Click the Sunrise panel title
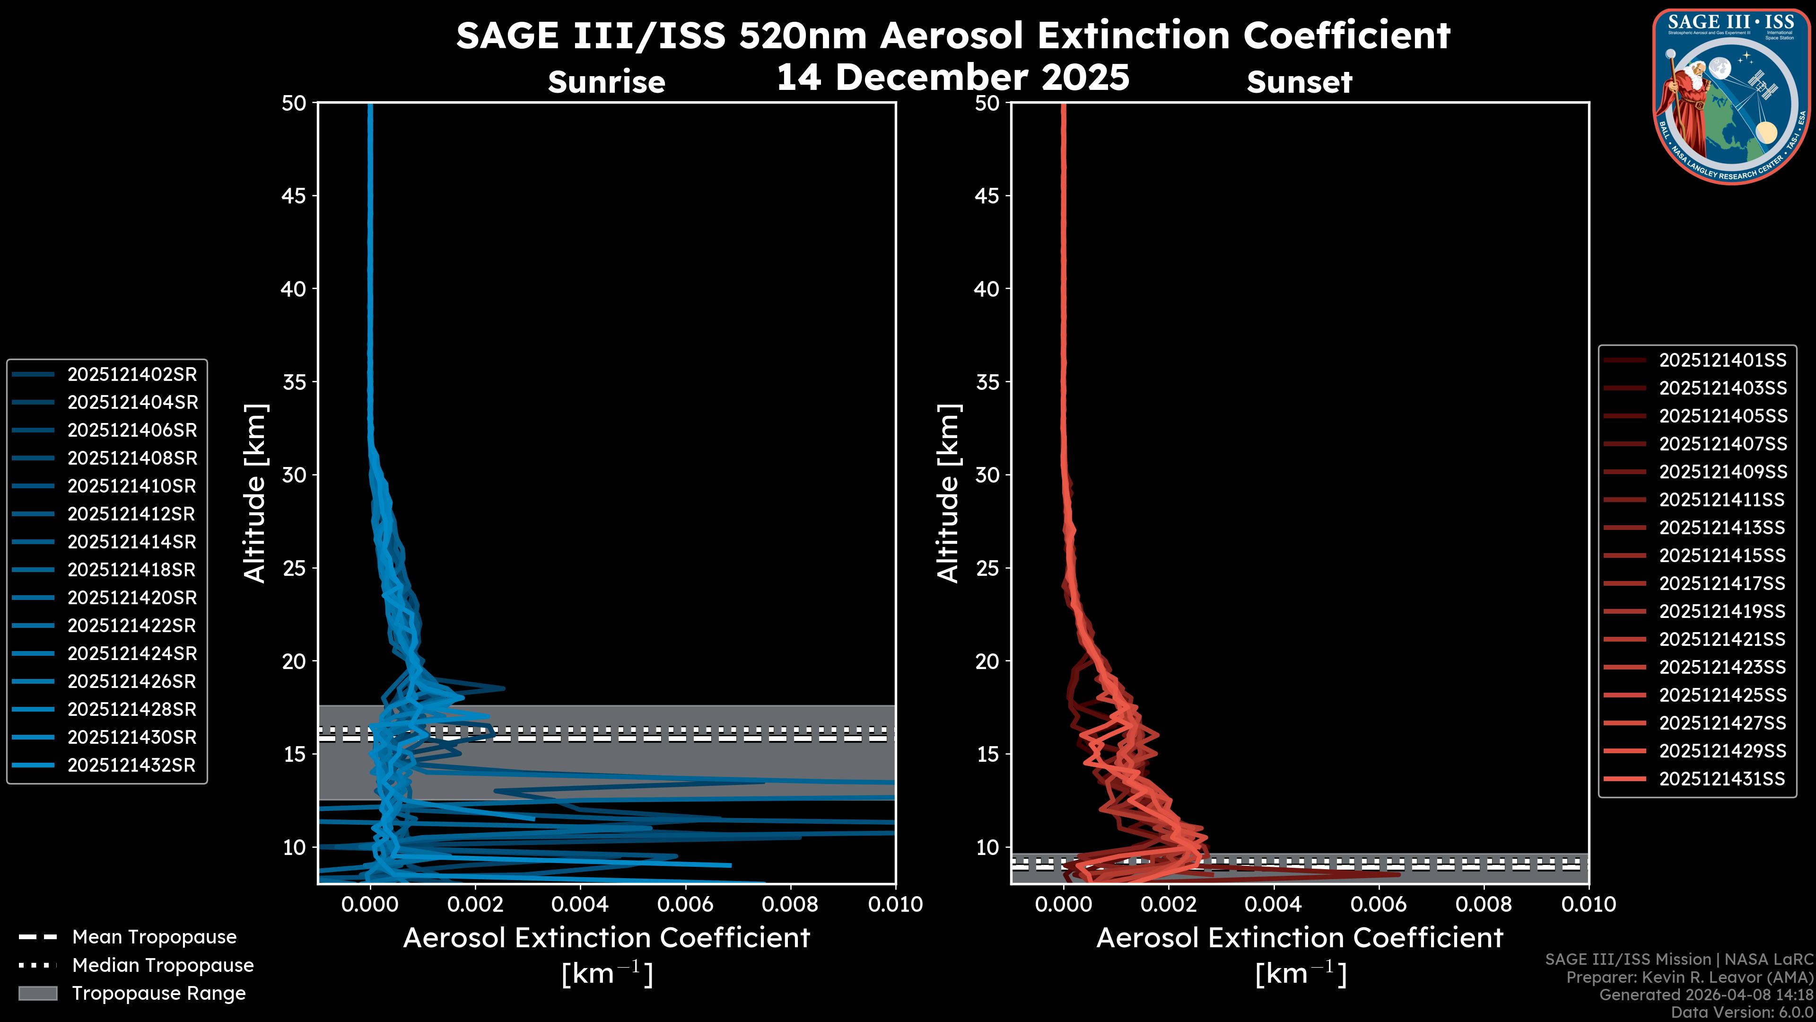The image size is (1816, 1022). (606, 82)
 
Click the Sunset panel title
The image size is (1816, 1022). (1299, 82)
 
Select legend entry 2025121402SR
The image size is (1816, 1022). (132, 375)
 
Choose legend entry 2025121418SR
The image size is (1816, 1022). (132, 570)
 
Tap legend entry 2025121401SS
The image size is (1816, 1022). (1722, 361)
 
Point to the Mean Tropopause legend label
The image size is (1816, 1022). (154, 937)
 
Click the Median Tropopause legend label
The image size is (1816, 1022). (163, 966)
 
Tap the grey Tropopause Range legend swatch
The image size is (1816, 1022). (38, 993)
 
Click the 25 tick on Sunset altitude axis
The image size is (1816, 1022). (987, 568)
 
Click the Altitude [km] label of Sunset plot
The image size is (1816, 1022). (948, 493)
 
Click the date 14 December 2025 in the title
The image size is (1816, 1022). (952, 78)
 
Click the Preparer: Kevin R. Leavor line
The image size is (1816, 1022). (1689, 978)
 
